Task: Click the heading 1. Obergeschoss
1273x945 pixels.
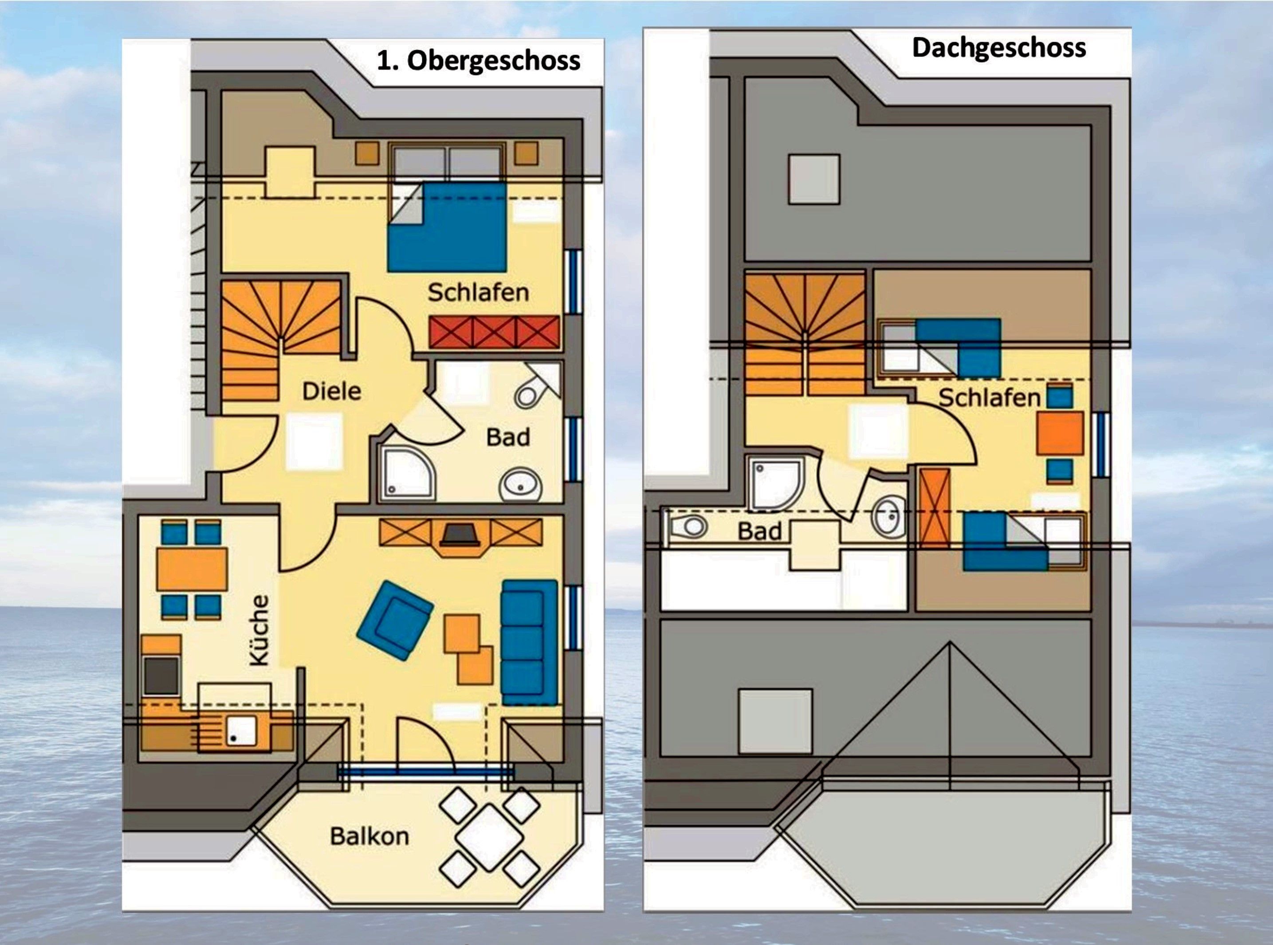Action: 479,61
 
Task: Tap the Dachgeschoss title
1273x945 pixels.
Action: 999,47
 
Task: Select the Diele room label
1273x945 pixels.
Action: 332,391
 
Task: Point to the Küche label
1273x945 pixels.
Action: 259,630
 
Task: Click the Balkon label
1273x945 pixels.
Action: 370,837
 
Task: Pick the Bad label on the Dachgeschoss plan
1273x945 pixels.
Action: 759,531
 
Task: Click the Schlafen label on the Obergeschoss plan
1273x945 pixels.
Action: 479,293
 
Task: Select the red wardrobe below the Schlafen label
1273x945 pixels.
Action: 495,332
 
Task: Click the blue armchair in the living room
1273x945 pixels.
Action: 395,621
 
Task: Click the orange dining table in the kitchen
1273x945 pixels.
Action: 192,569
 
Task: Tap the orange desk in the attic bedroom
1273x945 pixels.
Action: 1060,433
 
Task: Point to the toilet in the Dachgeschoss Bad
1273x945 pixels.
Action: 689,526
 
